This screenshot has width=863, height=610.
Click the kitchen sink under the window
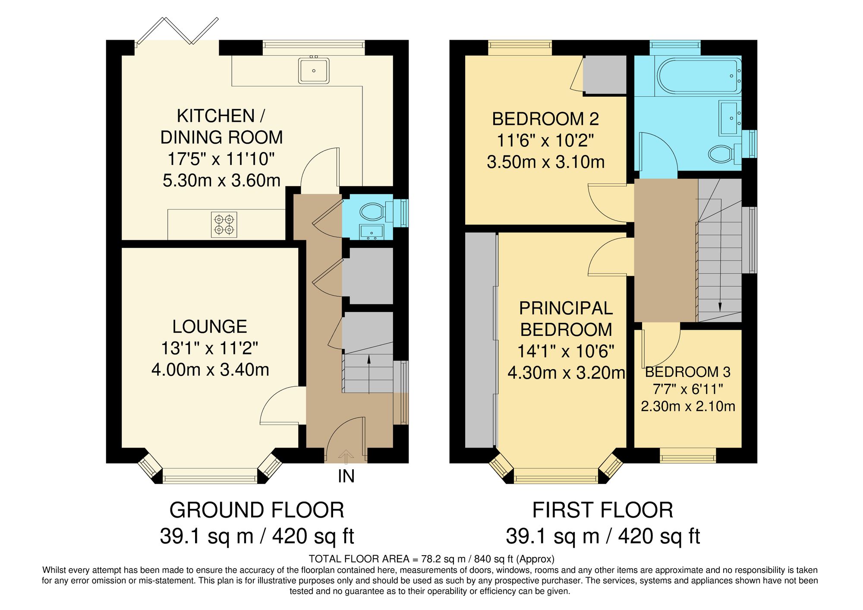click(x=314, y=70)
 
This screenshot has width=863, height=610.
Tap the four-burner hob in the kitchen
click(x=224, y=224)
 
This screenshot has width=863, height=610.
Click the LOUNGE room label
click(x=210, y=327)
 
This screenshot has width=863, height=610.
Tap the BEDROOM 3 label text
click(x=687, y=372)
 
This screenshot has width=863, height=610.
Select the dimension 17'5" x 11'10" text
click(x=221, y=159)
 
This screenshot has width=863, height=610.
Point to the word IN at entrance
click(x=346, y=477)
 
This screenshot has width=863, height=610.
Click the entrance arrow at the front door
click(x=345, y=455)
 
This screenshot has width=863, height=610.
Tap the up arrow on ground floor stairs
click(x=369, y=373)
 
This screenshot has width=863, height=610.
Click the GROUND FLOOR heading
click(x=257, y=510)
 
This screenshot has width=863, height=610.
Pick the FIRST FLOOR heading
click(x=602, y=510)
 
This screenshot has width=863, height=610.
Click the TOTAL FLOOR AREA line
click(x=431, y=559)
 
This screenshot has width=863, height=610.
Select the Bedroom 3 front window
click(x=688, y=455)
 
